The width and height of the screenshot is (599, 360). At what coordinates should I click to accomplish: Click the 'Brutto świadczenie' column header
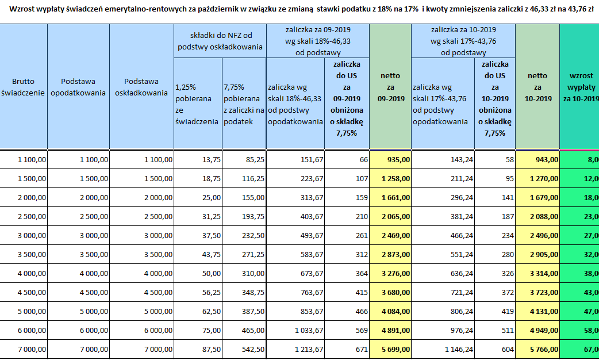point(24,87)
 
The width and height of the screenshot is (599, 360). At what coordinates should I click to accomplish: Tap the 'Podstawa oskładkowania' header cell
point(141,87)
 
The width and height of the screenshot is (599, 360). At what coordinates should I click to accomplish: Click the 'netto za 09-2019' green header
point(390,87)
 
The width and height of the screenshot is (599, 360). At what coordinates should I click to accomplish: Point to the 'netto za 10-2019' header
point(537,87)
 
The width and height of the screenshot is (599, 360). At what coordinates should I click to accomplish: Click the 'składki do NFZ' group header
point(220,41)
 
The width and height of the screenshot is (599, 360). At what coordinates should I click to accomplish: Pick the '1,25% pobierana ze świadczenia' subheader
point(198,104)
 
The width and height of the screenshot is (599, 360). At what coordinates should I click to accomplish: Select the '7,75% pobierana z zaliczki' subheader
point(244,104)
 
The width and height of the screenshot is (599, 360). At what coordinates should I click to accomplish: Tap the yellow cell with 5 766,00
point(537,349)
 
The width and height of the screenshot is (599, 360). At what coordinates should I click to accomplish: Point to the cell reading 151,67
point(295,159)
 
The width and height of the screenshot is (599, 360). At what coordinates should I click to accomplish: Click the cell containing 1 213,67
point(295,349)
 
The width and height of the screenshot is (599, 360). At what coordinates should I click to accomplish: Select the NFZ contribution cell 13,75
point(198,159)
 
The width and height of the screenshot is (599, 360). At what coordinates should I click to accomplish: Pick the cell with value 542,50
point(244,349)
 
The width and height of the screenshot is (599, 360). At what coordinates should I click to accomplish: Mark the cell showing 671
point(347,349)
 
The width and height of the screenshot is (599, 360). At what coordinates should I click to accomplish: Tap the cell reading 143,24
point(443,159)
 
